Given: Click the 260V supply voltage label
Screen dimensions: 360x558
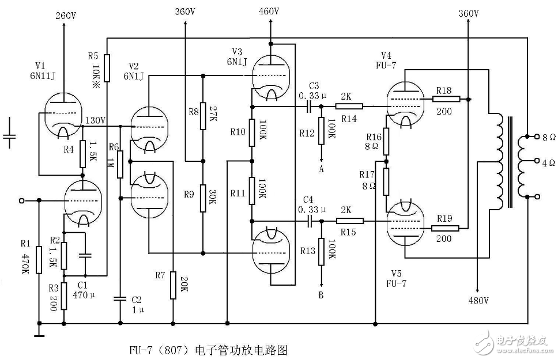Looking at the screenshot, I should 65,16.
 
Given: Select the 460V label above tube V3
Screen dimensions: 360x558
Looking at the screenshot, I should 269,11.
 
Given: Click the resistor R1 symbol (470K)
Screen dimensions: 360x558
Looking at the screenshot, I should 39,260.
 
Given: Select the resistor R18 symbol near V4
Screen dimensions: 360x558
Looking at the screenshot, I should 447,99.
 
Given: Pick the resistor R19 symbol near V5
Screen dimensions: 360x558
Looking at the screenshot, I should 447,228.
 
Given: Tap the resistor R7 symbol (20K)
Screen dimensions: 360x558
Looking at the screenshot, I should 173,286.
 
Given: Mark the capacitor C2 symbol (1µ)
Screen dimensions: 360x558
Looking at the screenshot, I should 120,298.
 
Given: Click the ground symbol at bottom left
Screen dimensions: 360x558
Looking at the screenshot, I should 39,333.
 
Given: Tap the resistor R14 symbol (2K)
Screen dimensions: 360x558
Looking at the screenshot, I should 350,107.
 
